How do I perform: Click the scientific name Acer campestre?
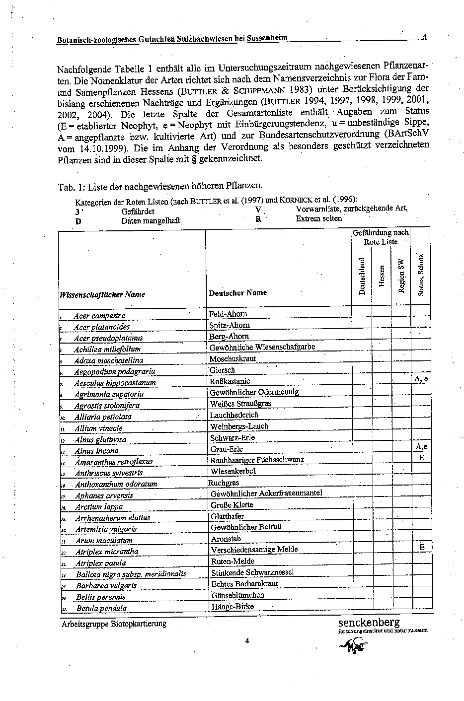(99, 316)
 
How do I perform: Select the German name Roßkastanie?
(230, 381)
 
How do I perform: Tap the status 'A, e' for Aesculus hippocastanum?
(421, 379)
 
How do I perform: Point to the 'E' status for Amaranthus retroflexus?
(421, 457)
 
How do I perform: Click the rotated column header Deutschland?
(362, 276)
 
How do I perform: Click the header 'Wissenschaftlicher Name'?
(102, 294)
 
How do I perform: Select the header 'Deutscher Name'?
(238, 293)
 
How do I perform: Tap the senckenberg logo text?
(369, 623)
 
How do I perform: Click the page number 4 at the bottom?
(247, 640)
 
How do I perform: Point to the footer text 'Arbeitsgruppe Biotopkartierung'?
(114, 624)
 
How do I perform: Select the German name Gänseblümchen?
(237, 595)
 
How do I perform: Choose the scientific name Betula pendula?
(101, 608)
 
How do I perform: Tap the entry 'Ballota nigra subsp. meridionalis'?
(131, 574)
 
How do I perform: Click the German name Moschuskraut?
(232, 358)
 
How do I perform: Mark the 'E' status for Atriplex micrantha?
(422, 547)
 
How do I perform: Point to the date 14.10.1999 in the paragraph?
(95, 148)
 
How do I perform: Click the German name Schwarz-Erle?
(232, 438)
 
